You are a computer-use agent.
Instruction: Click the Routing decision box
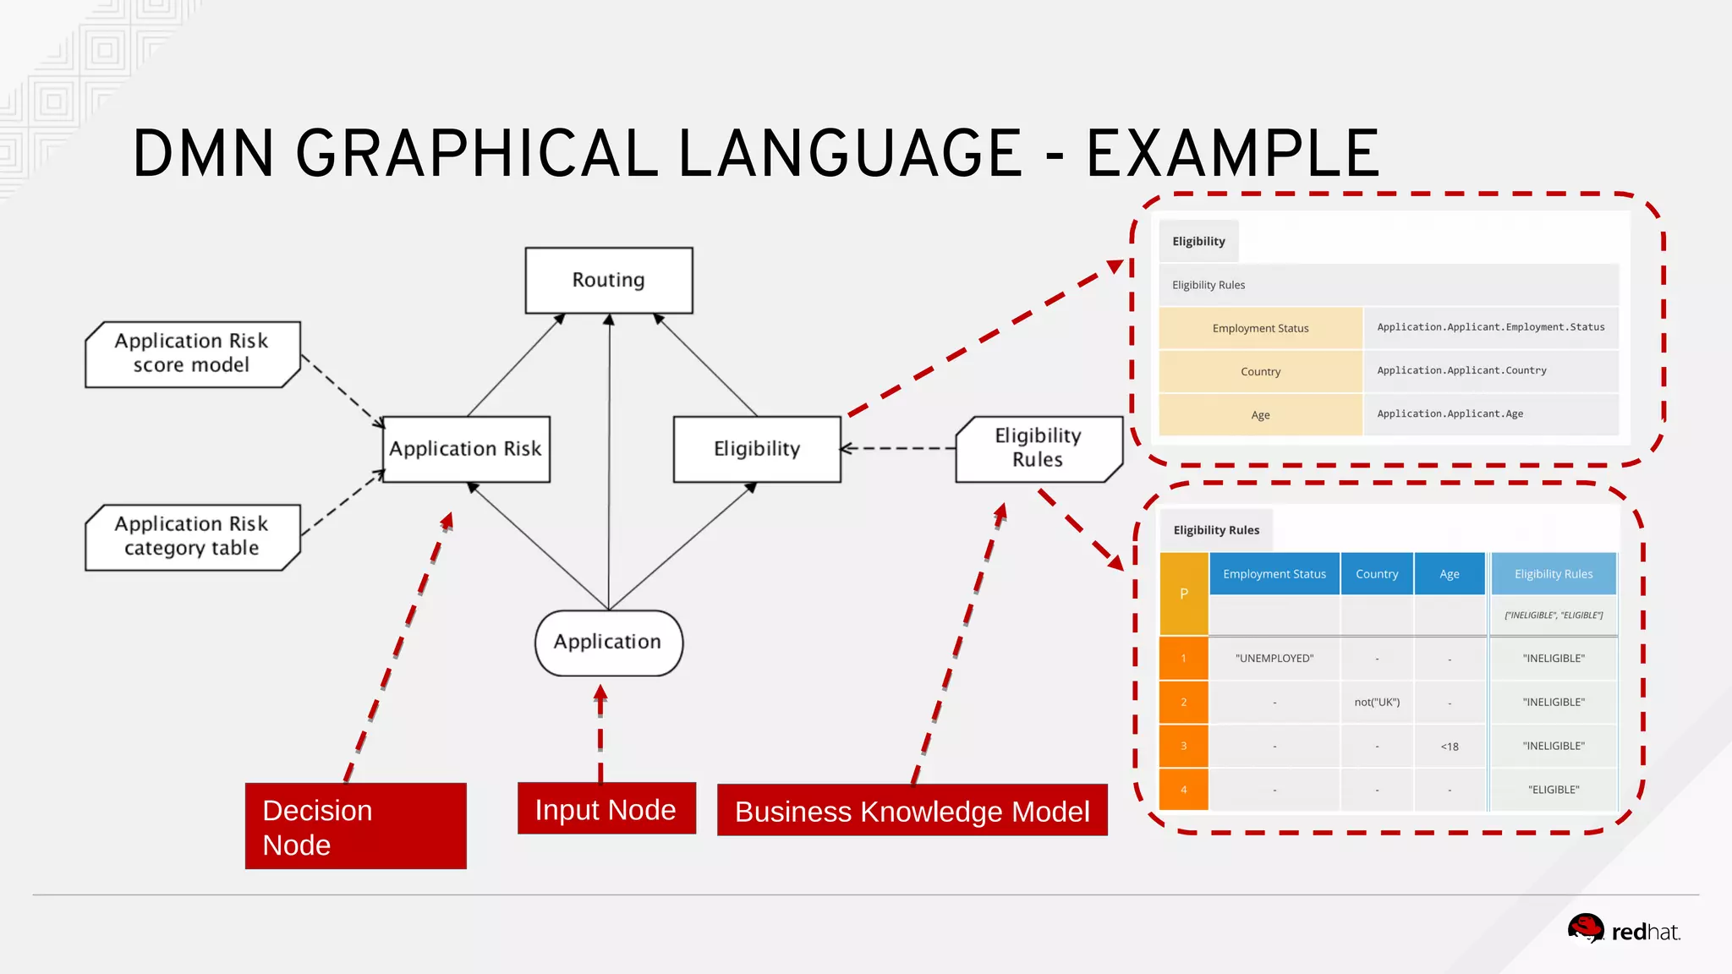pyautogui.click(x=609, y=280)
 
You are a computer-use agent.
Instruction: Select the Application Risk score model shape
pyautogui.click(x=192, y=353)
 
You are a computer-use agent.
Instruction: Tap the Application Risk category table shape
pyautogui.click(x=192, y=537)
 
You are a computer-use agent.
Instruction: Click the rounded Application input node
pyautogui.click(x=608, y=643)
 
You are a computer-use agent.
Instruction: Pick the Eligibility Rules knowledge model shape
pyautogui.click(x=1038, y=448)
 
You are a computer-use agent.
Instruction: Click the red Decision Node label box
pyautogui.click(x=355, y=826)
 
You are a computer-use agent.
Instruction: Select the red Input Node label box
pyautogui.click(x=606, y=809)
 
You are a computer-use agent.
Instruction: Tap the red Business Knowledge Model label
pyautogui.click(x=912, y=811)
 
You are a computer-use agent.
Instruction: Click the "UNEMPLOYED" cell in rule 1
pyautogui.click(x=1274, y=659)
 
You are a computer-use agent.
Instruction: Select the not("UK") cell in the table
pyautogui.click(x=1377, y=703)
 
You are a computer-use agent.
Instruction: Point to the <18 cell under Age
pyautogui.click(x=1450, y=747)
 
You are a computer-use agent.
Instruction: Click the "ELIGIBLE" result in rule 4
pyautogui.click(x=1553, y=790)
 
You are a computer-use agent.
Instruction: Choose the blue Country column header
pyautogui.click(x=1377, y=574)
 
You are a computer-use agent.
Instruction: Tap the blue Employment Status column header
pyautogui.click(x=1274, y=574)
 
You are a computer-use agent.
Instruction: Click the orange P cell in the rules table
pyautogui.click(x=1183, y=594)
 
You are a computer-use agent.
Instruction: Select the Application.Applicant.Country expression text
pyautogui.click(x=1461, y=370)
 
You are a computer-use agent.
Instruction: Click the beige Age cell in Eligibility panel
pyautogui.click(x=1260, y=415)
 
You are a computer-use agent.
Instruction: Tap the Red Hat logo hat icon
pyautogui.click(x=1586, y=927)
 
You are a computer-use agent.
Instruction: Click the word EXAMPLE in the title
pyautogui.click(x=1232, y=154)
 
